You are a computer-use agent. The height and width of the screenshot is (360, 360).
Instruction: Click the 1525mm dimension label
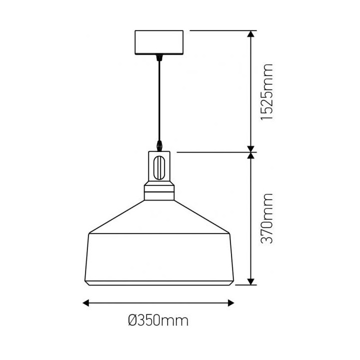267,92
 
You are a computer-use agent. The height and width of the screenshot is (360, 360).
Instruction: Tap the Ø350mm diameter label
158,320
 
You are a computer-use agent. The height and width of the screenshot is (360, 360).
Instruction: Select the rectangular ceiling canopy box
159,42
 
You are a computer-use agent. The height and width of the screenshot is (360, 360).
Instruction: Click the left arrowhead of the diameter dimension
85,303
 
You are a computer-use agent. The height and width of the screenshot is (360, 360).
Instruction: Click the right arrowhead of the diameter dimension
231,303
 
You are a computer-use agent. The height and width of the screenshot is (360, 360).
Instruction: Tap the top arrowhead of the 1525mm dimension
251,34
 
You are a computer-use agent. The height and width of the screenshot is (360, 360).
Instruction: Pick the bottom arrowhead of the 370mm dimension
251,281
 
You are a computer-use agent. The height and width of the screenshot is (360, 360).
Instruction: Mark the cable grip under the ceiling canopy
158,57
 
